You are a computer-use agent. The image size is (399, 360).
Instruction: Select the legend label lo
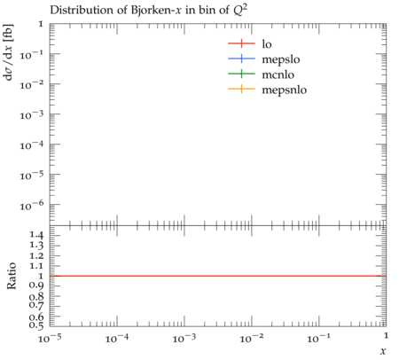point(267,43)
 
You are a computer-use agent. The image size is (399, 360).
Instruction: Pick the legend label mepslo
point(281,59)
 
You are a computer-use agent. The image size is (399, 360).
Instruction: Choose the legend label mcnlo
point(278,74)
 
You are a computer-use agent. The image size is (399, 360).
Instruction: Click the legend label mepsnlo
point(285,90)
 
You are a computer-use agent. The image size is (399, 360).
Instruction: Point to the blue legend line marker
point(241,59)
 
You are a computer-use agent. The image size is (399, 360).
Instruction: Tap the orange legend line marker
point(241,89)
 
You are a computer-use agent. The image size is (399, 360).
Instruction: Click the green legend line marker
point(241,74)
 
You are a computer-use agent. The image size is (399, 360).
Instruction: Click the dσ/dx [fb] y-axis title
point(8,52)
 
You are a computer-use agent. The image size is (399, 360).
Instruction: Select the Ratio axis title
point(11,276)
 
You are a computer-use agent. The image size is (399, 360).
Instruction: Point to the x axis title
point(383,350)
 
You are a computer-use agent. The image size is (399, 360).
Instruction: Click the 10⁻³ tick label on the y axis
point(32,114)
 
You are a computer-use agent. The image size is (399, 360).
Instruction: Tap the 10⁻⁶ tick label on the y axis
point(32,205)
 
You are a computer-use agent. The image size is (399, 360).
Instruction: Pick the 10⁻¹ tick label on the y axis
point(32,54)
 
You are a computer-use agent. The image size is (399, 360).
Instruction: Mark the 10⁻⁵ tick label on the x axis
point(50,338)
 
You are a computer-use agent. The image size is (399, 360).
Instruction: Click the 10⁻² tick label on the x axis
point(252,338)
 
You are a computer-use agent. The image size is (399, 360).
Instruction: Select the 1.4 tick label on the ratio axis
point(36,235)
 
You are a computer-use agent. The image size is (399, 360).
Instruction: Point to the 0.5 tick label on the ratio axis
point(36,325)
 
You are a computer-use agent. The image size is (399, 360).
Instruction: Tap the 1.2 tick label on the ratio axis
point(36,255)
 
